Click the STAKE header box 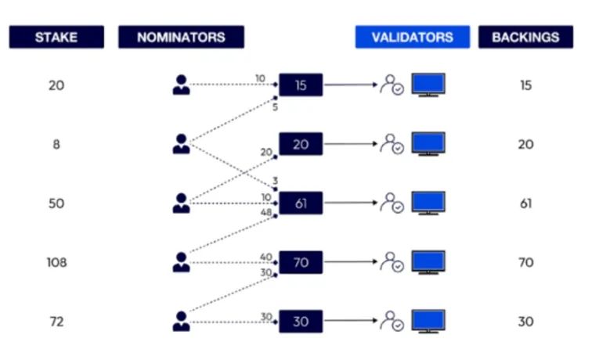click(x=56, y=37)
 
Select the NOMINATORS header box click(x=181, y=37)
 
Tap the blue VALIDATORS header click(x=413, y=37)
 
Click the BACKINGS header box click(x=525, y=37)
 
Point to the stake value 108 click(x=56, y=262)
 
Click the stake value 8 click(x=56, y=144)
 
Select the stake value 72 click(x=56, y=322)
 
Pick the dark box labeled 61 click(x=301, y=203)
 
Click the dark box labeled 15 click(x=301, y=85)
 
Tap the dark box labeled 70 click(x=301, y=262)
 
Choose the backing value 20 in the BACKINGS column click(x=525, y=144)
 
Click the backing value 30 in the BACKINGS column click(x=525, y=322)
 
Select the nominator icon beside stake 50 click(x=181, y=203)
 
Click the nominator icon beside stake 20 click(x=181, y=85)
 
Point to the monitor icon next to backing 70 click(x=428, y=262)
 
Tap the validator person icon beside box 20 click(x=392, y=144)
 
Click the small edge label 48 click(x=266, y=212)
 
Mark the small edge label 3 click(x=275, y=181)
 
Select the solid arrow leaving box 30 click(x=350, y=321)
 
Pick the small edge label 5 click(x=275, y=107)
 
